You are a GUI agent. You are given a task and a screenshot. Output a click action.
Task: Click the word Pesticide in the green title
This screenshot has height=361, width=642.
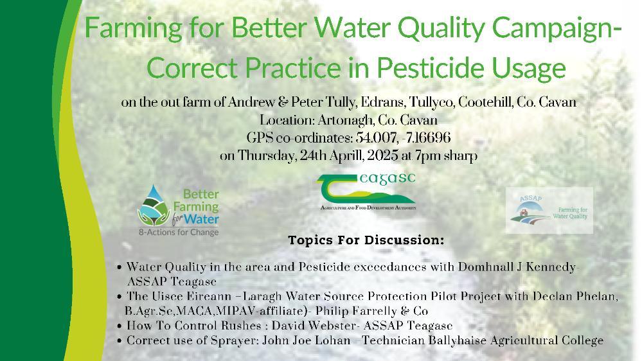(432, 68)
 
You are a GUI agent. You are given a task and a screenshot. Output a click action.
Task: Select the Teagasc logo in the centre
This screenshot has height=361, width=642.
(366, 191)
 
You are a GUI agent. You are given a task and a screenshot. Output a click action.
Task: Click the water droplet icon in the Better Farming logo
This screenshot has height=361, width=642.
(154, 205)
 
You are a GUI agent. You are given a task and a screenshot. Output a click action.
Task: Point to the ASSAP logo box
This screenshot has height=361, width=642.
(549, 211)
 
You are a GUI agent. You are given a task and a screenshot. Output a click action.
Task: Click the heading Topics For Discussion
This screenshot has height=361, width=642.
(366, 240)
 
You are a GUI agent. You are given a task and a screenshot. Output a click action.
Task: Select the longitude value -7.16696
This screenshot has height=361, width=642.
(426, 137)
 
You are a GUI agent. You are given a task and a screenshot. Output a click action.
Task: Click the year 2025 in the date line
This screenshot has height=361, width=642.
(382, 155)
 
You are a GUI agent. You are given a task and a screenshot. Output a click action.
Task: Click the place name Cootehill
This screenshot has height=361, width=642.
(485, 102)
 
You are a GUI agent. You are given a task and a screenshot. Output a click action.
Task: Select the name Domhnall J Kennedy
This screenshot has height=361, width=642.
(517, 267)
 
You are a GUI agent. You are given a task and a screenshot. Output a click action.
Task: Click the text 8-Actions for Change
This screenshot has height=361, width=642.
(179, 233)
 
